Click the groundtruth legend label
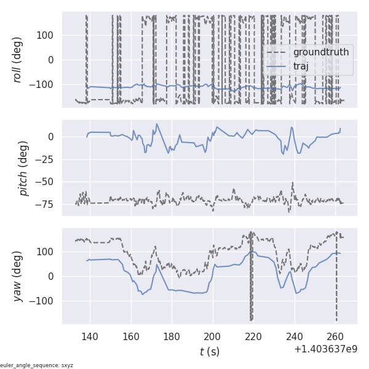(320, 52)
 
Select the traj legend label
(301, 66)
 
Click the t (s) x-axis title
(209, 352)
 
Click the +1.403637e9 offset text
(325, 349)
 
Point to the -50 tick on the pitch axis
(47, 181)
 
